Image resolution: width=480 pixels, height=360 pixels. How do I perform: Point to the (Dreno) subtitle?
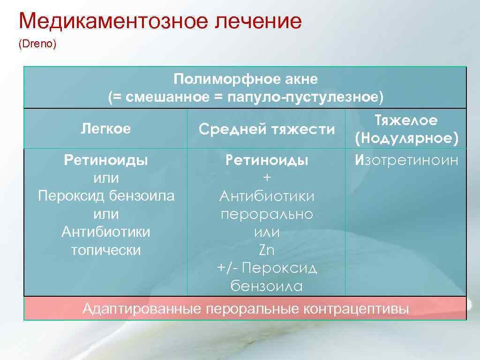coord(37,45)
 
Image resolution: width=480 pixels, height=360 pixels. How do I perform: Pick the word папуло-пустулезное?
coord(305,97)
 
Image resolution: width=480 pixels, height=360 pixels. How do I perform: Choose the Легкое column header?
coord(106,128)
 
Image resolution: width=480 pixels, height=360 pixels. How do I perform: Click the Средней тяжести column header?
coord(267,129)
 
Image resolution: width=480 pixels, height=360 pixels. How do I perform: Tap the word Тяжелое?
coord(406,120)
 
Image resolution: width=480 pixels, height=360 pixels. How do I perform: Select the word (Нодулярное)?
coord(406,138)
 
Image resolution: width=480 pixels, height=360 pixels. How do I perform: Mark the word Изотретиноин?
coord(406,161)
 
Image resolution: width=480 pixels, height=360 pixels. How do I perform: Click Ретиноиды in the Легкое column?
coord(106,160)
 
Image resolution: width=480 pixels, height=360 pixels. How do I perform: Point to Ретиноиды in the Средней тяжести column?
coord(267,161)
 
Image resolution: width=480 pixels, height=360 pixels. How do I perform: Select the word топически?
coord(106,250)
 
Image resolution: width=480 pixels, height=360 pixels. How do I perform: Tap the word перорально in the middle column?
coord(267,214)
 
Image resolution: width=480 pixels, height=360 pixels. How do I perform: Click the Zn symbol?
coord(267,250)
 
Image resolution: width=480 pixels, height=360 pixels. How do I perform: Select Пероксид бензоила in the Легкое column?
coord(106,196)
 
